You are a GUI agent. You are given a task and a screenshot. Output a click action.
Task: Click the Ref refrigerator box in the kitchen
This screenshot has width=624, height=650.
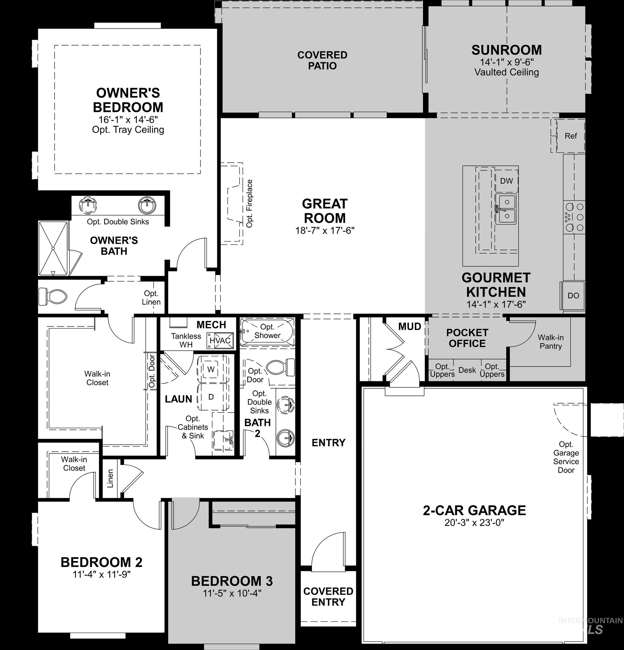(570, 136)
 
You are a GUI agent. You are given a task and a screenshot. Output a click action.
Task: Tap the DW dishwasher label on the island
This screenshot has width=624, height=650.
(506, 181)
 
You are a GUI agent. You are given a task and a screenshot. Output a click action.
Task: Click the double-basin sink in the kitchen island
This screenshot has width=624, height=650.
(506, 209)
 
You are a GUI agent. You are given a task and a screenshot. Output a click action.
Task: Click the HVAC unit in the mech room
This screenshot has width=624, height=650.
(220, 341)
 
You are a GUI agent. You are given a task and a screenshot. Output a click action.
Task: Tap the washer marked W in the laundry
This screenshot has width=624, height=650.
(211, 369)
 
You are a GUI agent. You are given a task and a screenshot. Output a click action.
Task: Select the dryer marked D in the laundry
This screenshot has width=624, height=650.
(211, 397)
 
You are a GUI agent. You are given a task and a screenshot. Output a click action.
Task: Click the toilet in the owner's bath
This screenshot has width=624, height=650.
(53, 296)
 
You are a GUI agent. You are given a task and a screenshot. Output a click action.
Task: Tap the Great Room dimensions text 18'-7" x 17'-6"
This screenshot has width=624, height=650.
(325, 230)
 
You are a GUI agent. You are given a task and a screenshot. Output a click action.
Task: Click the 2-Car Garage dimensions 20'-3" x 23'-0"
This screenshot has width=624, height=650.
(474, 523)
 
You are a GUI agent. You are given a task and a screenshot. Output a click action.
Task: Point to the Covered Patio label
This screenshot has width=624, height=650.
(322, 60)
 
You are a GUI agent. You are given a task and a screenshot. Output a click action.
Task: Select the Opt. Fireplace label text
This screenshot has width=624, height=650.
(249, 204)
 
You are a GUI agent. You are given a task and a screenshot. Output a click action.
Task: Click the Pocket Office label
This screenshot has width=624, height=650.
(467, 338)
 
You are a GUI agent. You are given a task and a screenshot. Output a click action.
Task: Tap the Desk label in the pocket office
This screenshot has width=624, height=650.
(467, 370)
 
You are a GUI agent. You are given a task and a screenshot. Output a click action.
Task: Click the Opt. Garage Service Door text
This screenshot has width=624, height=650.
(566, 457)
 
